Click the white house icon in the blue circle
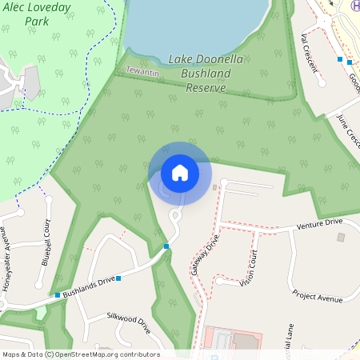tap(180, 172)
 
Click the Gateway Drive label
tap(204, 254)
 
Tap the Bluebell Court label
tap(46, 242)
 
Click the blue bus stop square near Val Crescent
tap(340, 60)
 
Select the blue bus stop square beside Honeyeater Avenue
tap(58, 295)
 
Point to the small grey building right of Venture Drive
tap(341, 238)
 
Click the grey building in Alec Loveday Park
tap(31, 82)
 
